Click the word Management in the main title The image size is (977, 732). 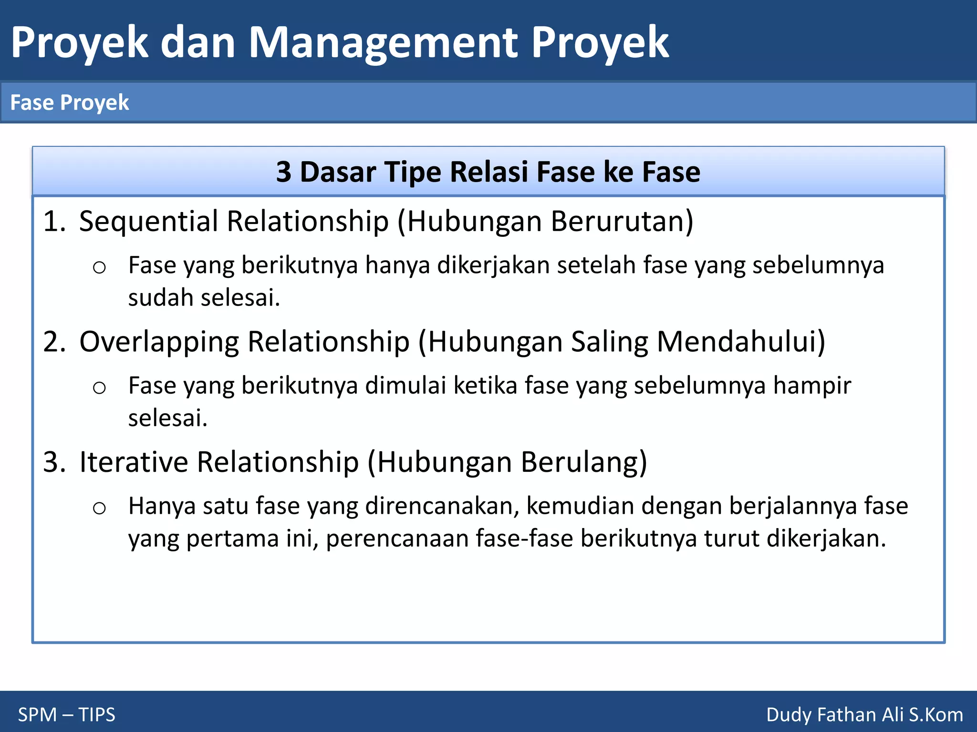383,43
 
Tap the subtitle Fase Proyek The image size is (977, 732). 70,103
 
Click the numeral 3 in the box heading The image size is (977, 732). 284,172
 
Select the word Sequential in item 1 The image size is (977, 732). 148,222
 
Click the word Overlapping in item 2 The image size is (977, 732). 159,342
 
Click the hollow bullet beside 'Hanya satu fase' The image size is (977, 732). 99,508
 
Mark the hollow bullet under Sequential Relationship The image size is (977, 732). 99,268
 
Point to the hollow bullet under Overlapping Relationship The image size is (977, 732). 99,388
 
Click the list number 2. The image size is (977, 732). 53,342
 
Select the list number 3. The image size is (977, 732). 53,462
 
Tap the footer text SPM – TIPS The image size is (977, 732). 67,715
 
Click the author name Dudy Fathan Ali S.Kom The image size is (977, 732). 864,715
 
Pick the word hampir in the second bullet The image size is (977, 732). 812,386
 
